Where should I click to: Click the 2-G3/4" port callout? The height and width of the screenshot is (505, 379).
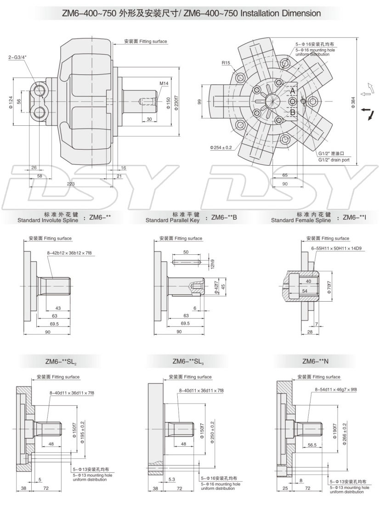(17, 57)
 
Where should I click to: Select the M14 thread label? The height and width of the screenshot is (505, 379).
(164, 84)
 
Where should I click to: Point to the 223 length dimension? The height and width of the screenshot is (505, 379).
(71, 183)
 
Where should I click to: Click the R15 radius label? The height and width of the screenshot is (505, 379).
(225, 63)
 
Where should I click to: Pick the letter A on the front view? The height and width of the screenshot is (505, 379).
(292, 91)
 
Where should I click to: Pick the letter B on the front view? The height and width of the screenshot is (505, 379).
(292, 112)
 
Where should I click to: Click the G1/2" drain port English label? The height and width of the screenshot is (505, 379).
(334, 160)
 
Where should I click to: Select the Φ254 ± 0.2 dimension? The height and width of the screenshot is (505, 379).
(221, 147)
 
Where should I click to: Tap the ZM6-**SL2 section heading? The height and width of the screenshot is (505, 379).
(57, 362)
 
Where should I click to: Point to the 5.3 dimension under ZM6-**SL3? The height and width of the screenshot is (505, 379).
(172, 479)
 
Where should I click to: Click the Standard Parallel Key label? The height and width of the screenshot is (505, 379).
(172, 220)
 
